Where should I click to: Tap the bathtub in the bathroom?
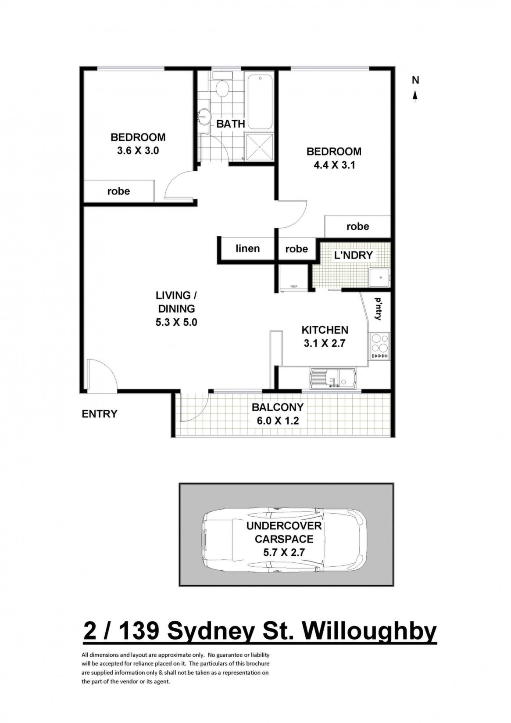(260, 102)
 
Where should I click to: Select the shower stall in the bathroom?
(260, 147)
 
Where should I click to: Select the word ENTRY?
(100, 414)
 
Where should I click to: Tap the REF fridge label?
(293, 286)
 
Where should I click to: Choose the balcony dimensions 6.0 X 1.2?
(278, 421)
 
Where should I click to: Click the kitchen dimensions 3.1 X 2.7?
(325, 343)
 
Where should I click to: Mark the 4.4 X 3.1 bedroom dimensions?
(334, 165)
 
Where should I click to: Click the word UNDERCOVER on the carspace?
(284, 526)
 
